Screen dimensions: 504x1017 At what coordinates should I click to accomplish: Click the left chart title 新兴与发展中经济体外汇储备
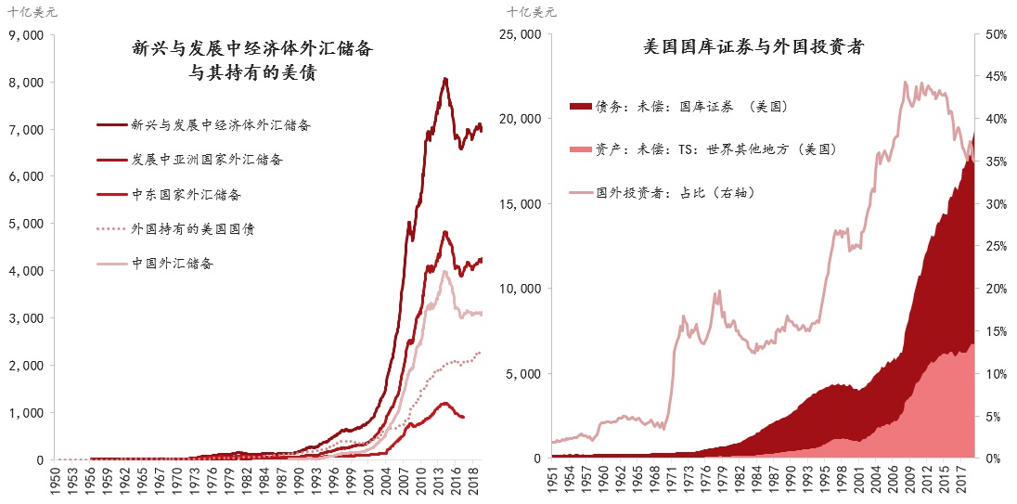pos(258,46)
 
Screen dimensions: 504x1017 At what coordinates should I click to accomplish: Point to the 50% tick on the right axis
pos(996,34)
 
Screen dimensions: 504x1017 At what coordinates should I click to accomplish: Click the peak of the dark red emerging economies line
pos(446,79)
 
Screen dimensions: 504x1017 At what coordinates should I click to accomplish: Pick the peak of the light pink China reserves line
pos(446,271)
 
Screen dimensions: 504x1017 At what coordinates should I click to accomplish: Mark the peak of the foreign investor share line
pos(904,82)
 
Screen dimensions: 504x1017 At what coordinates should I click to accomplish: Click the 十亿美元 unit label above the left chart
pos(31,12)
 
